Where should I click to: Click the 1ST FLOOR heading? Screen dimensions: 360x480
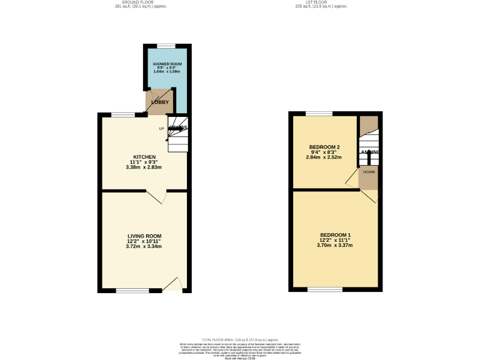click(321, 3)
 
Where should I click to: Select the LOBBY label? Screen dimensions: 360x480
click(159, 102)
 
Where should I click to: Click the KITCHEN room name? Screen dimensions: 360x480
click(144, 157)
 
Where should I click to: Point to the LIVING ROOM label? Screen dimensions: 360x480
click(144, 236)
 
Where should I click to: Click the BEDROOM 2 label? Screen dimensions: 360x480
click(323, 147)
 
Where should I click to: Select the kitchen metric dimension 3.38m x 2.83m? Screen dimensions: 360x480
click(144, 167)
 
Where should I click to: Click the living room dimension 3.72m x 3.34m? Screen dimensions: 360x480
click(144, 246)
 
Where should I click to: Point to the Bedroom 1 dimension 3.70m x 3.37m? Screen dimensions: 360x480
click(336, 245)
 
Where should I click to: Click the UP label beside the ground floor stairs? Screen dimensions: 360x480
click(161, 129)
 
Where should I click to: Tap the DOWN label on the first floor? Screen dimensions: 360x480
click(369, 171)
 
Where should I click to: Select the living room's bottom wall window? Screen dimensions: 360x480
click(132, 290)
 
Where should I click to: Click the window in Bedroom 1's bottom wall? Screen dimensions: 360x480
click(324, 289)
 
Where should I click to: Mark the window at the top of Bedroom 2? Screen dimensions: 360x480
click(319, 113)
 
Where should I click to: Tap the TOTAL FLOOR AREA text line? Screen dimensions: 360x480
click(239, 338)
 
